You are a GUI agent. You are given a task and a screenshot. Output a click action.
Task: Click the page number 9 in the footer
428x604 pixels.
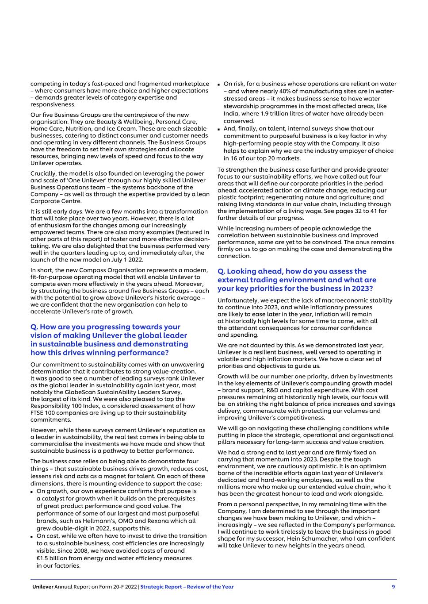click(x=393, y=587)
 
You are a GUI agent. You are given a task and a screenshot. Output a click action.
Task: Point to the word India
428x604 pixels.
click(x=231, y=114)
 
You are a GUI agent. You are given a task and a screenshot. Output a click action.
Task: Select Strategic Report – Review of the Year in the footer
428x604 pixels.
click(x=187, y=587)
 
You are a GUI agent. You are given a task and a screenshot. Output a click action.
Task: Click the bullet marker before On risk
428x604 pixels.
click(x=219, y=84)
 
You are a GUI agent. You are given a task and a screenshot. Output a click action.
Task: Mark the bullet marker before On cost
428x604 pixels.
click(x=32, y=536)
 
